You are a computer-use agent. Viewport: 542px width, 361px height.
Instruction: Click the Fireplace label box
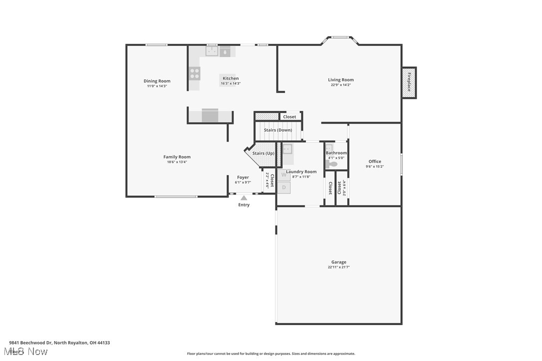point(409,82)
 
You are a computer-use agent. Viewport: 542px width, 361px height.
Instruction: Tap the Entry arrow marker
point(244,198)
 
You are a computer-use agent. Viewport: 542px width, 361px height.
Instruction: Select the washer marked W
point(283,175)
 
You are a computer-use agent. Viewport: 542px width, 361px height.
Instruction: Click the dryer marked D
point(283,187)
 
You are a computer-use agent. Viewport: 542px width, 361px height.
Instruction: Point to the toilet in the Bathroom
point(332,163)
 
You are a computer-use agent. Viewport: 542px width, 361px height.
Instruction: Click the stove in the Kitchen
point(194,74)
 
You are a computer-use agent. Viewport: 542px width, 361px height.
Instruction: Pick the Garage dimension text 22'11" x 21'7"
point(338,267)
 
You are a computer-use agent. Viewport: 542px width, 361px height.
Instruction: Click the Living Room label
point(340,80)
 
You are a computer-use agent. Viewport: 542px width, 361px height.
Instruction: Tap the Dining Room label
point(157,81)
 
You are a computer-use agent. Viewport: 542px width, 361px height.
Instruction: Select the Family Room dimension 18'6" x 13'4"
point(177,162)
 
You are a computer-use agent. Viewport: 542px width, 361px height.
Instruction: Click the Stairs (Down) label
point(278,130)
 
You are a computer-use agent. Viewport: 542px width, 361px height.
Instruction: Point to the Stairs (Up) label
point(263,153)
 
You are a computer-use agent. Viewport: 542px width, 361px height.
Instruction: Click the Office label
point(375,161)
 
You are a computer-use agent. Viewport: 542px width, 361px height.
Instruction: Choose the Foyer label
point(243,177)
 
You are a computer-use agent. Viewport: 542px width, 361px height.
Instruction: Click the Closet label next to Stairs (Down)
point(289,117)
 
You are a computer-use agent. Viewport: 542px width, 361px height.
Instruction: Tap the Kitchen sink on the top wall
point(212,50)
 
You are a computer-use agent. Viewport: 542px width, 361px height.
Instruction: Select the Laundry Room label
point(301,172)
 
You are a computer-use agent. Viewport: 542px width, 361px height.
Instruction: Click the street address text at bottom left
point(59,343)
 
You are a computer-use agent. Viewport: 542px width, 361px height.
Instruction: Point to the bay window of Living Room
point(341,37)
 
